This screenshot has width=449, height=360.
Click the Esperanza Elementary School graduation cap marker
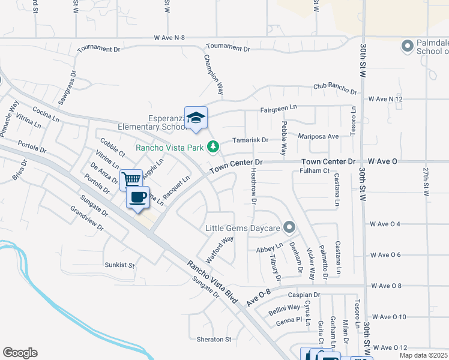pos(196,117)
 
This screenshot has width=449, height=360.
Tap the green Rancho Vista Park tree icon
pos(212,146)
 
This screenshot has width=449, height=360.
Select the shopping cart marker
pos(131,179)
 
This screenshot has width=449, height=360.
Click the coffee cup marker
pos(138,197)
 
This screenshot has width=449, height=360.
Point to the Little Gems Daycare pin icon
pos(289,227)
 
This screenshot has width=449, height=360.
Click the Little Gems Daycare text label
pos(243,228)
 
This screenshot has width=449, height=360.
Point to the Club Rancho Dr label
pos(335,88)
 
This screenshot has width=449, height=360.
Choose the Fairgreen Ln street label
pos(279,109)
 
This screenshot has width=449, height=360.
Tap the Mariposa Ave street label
pos(319,136)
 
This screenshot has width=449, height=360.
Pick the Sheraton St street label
pos(214,339)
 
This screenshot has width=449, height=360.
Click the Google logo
pos(20,353)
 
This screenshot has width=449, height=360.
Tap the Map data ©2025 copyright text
pos(423,355)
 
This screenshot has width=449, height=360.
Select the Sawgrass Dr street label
pos(67,88)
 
